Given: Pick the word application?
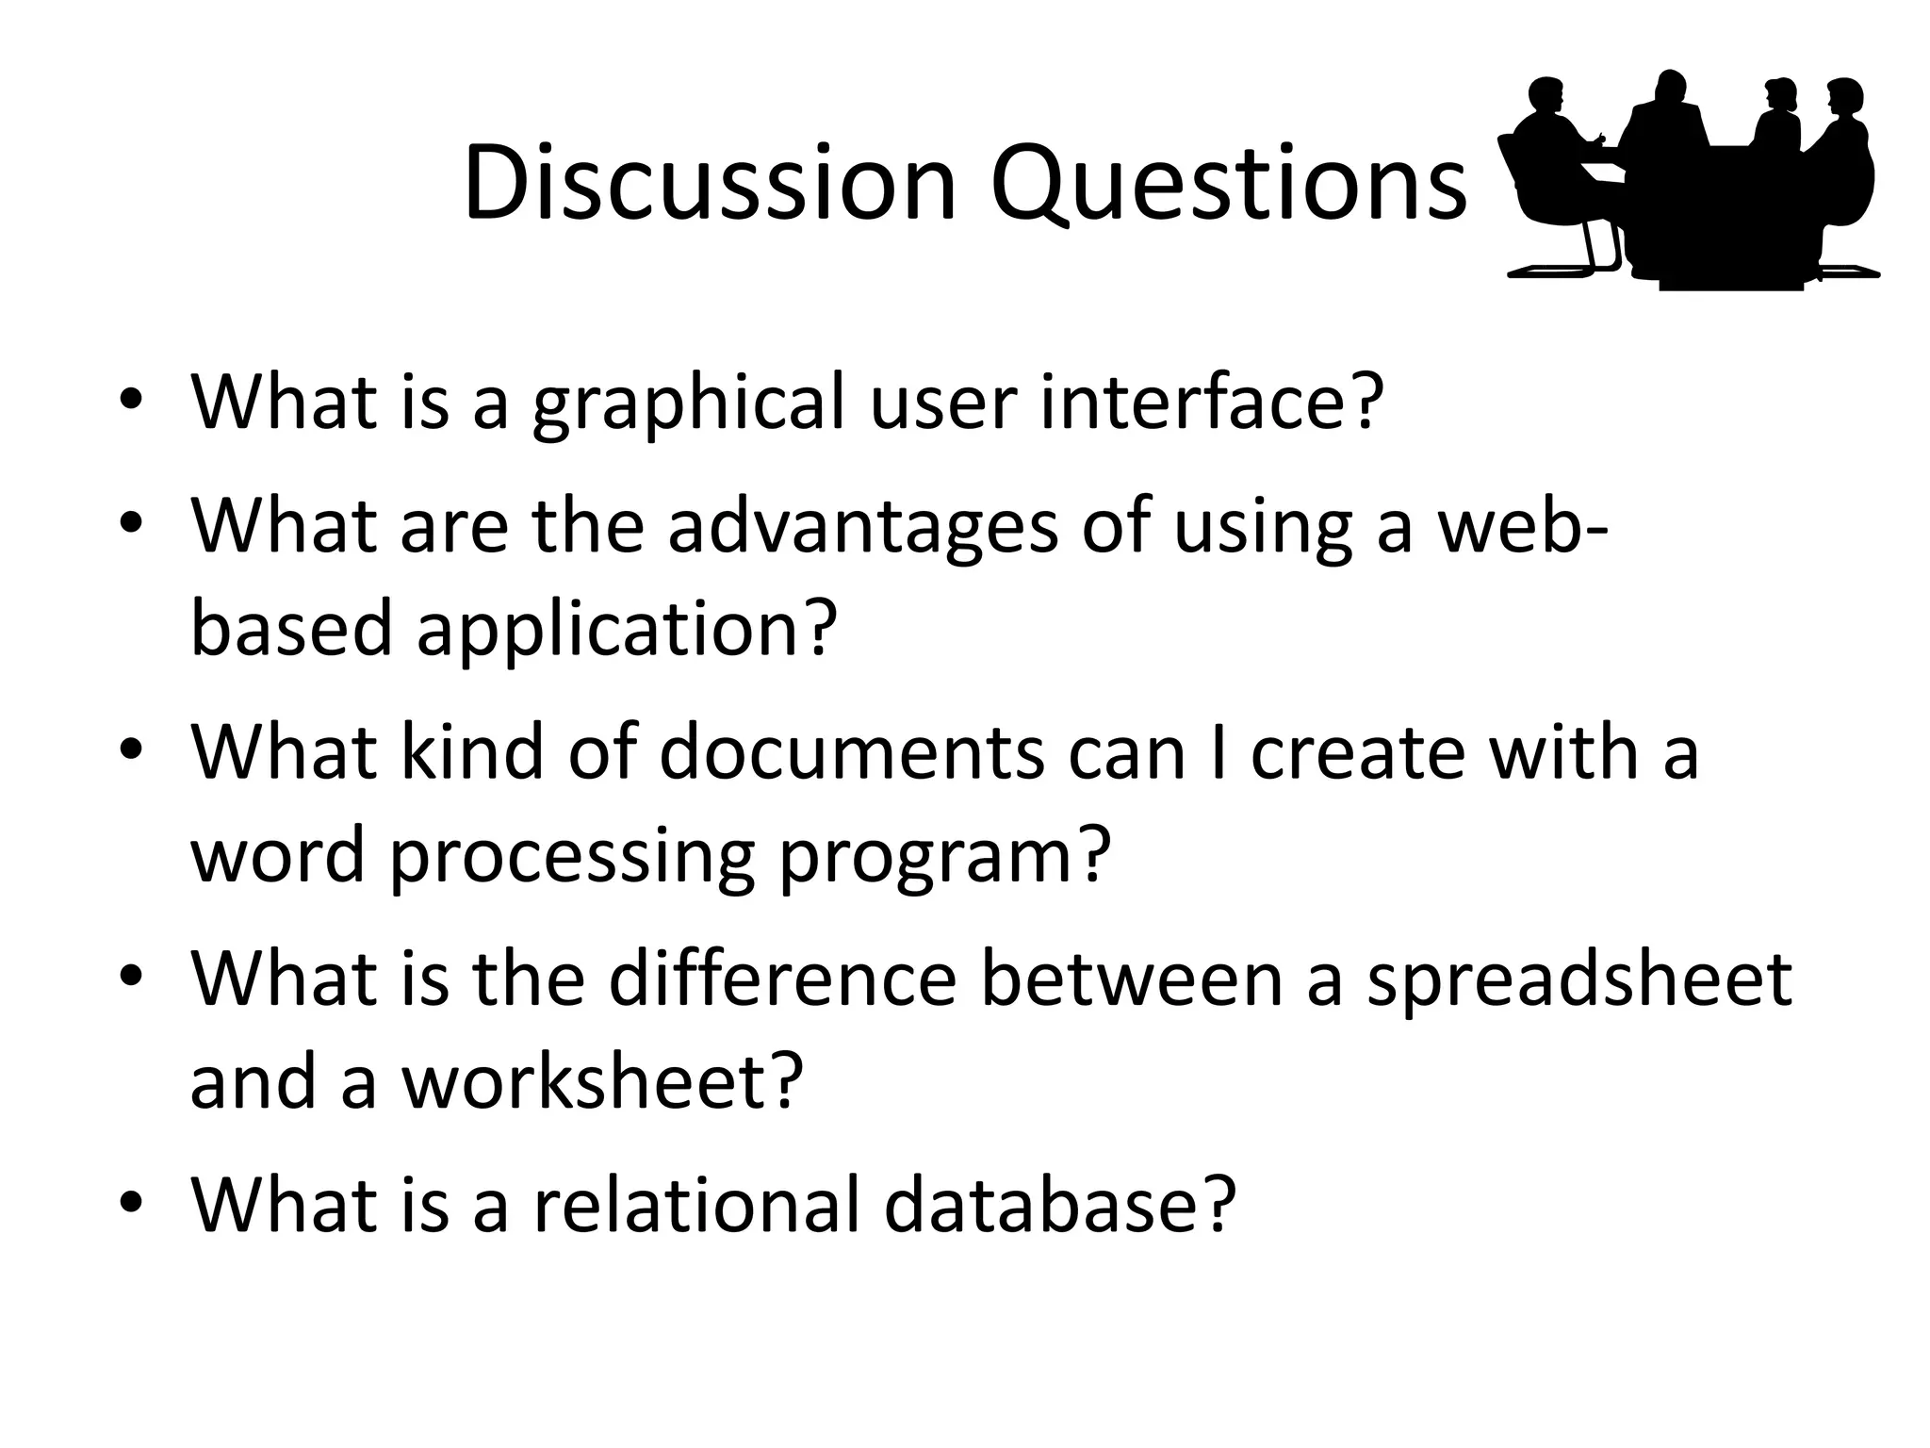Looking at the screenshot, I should tap(626, 631).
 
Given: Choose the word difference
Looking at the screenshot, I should tap(782, 979).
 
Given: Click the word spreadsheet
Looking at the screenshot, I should tap(1578, 979).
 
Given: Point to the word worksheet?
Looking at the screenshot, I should tap(603, 1081).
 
